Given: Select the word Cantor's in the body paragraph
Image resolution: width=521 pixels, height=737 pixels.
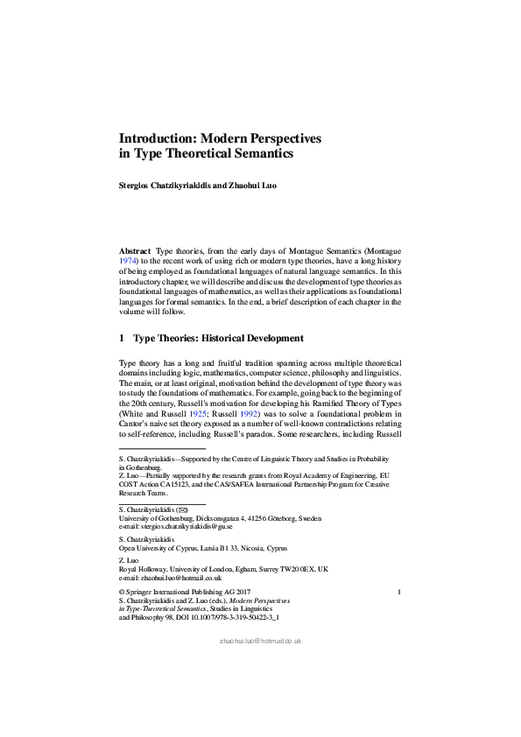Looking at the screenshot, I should pyautogui.click(x=134, y=425).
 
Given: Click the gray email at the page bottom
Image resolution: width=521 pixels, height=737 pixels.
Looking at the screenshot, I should pyautogui.click(x=260, y=641).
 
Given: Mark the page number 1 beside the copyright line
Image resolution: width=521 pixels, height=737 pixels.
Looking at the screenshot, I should pyautogui.click(x=398, y=593).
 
